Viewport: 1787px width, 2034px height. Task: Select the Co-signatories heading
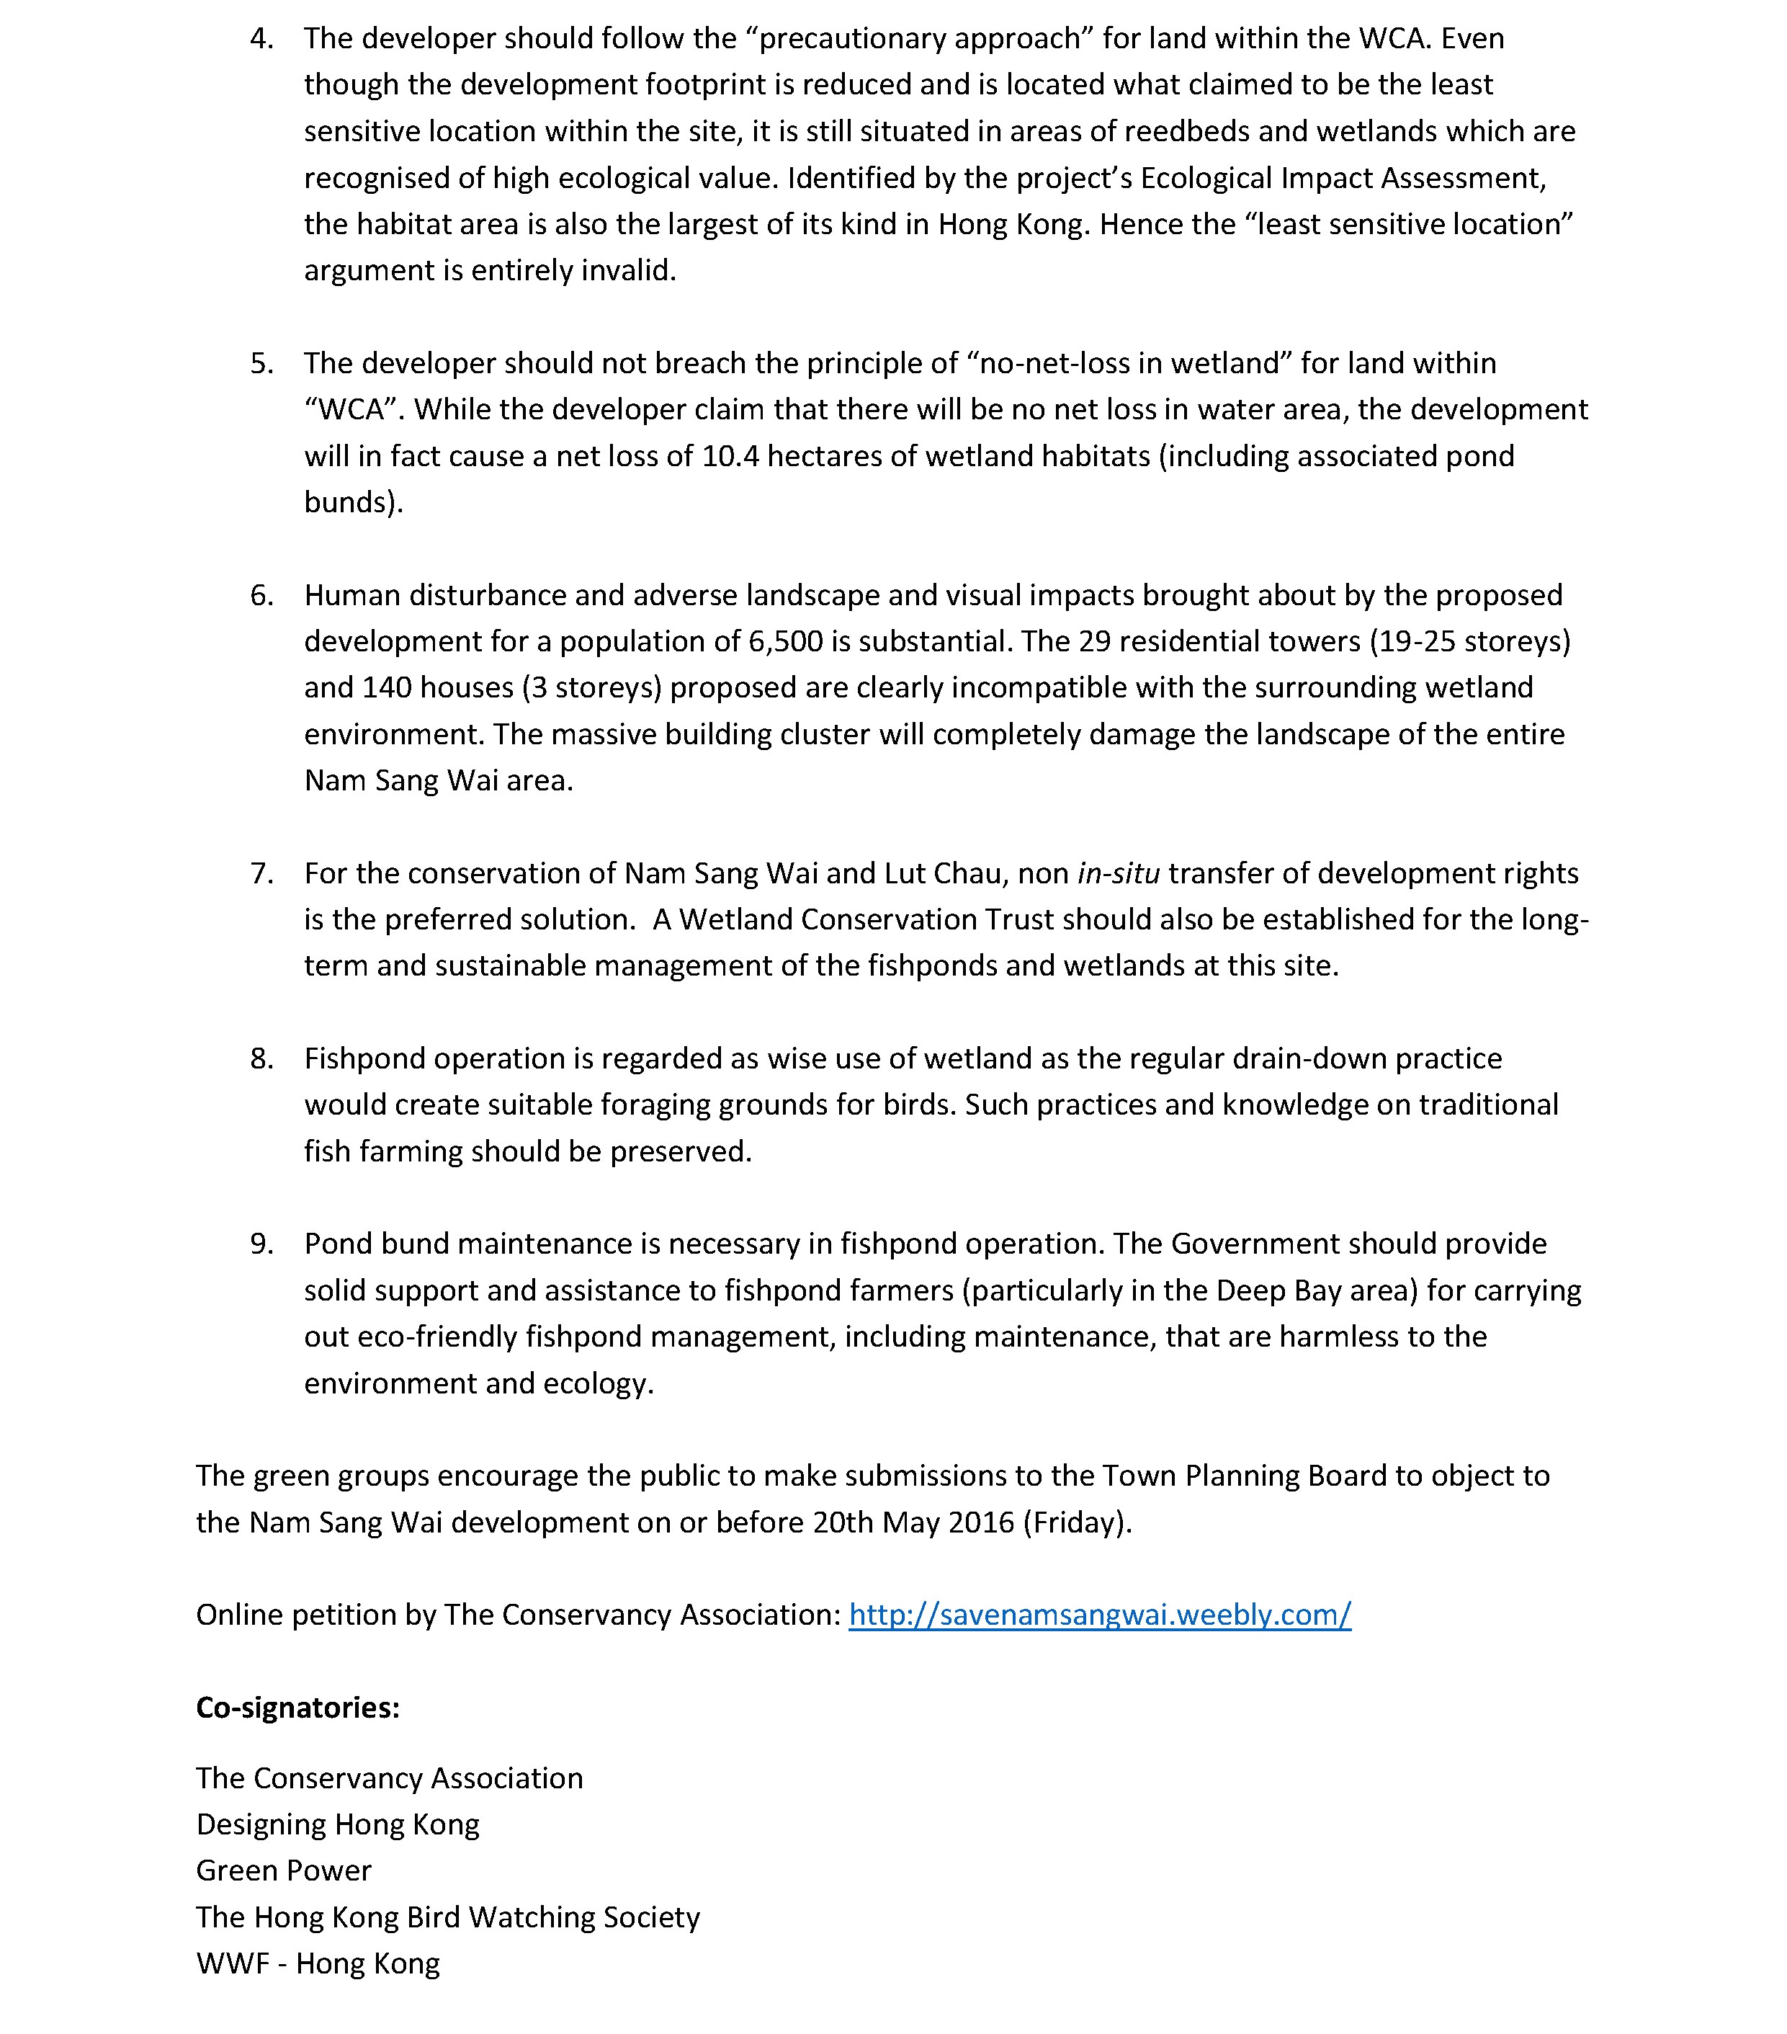tap(297, 1708)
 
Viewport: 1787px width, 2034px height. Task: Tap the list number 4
tap(261, 39)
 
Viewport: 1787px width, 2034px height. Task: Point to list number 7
tap(261, 874)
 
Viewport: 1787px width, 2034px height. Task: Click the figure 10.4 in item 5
tap(730, 456)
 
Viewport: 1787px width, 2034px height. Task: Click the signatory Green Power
tap(284, 1870)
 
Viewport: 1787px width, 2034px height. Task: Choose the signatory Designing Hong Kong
tap(337, 1824)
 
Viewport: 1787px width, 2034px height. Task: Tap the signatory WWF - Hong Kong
tap(318, 1963)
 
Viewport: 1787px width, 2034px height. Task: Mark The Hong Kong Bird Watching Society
tap(448, 1917)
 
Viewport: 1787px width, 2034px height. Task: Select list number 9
tap(261, 1244)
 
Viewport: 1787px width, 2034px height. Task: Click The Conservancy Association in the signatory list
tap(389, 1778)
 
